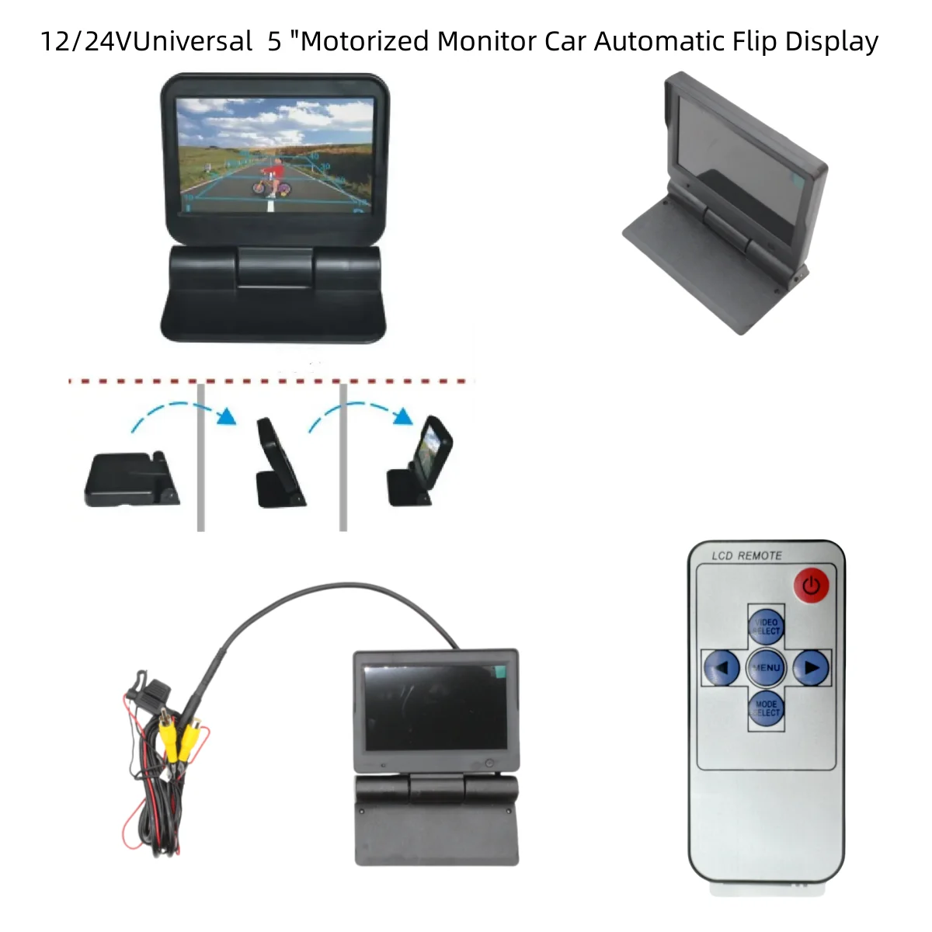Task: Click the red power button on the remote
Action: (x=811, y=585)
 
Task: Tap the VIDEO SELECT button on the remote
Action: (x=766, y=626)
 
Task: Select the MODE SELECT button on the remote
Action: (x=766, y=708)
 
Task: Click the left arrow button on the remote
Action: (x=722, y=667)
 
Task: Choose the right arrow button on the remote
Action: (x=811, y=667)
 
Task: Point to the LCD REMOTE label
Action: (x=746, y=555)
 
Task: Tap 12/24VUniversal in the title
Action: (x=146, y=40)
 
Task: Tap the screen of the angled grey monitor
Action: (x=734, y=167)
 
